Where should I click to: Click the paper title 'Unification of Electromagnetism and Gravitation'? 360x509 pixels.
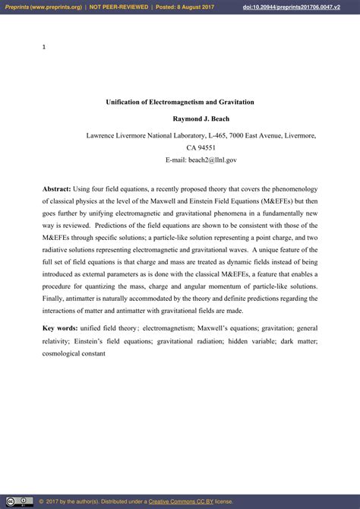click(x=179, y=102)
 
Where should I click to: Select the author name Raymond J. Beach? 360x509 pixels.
click(x=201, y=119)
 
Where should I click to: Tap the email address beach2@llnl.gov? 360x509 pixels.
click(x=201, y=160)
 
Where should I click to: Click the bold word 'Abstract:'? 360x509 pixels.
click(x=57, y=188)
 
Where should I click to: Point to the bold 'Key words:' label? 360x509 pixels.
click(x=60, y=327)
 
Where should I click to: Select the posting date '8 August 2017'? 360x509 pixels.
click(x=201, y=7)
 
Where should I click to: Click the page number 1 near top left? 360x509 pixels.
click(x=44, y=47)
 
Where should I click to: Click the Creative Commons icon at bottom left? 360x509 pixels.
click(x=19, y=501)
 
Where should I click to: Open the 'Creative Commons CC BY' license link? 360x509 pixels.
click(x=181, y=501)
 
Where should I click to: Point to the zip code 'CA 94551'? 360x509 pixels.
click(x=201, y=148)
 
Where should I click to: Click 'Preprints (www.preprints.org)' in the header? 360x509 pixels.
click(x=42, y=7)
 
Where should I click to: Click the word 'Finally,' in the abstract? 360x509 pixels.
click(x=55, y=299)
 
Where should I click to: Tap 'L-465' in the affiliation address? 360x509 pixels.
click(x=215, y=135)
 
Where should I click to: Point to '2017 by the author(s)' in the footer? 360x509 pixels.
click(x=80, y=501)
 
